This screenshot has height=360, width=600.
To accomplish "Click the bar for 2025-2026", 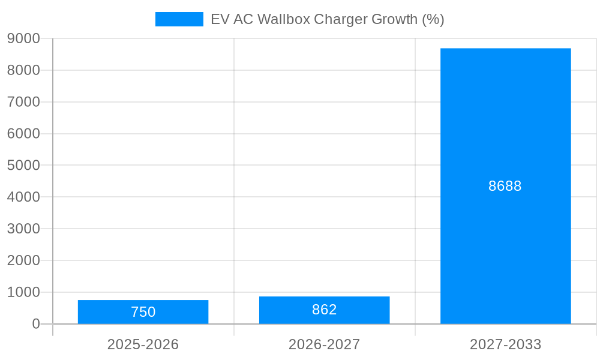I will [x=143, y=312].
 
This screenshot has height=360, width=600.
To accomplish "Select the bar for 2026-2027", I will [x=324, y=310].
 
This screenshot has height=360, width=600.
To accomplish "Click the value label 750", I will [x=143, y=312].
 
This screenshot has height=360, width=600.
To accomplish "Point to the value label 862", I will [x=324, y=310].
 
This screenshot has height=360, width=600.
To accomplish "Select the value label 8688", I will [x=505, y=186].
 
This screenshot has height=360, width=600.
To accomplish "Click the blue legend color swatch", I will [x=179, y=19].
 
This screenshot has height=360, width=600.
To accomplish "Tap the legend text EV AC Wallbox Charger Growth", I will [x=327, y=19].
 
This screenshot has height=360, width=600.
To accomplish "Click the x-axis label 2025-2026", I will [x=143, y=344].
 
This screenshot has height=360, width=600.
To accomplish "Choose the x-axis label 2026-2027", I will [x=324, y=344].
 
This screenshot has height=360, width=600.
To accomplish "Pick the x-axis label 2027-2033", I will [x=505, y=344].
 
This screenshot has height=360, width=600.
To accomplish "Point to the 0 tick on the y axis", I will [x=35, y=324].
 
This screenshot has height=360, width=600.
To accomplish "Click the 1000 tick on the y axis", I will [x=23, y=292].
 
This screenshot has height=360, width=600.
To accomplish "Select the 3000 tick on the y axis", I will [x=23, y=229].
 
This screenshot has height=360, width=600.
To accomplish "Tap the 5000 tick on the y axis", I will [x=23, y=165].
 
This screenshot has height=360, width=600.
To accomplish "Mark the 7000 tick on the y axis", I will [x=23, y=102].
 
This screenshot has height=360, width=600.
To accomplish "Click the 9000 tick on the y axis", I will [x=23, y=38].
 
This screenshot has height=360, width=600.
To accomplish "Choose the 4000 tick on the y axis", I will [x=23, y=197].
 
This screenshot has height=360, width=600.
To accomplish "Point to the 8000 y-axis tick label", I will [x=23, y=70].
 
